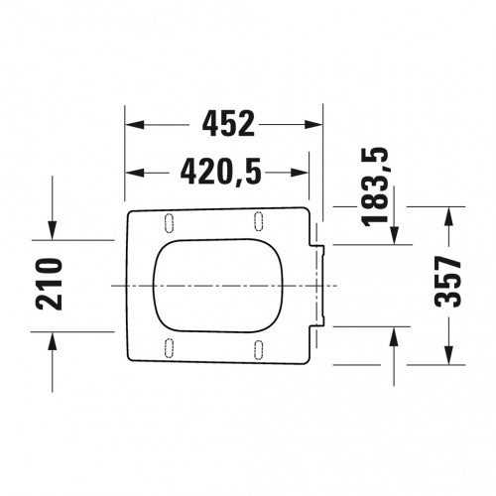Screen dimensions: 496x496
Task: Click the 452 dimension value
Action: pyautogui.click(x=228, y=124)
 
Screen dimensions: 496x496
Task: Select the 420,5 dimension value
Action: pyautogui.click(x=220, y=172)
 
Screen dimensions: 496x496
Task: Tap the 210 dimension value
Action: pyautogui.click(x=50, y=285)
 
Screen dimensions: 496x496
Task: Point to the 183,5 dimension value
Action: pyautogui.click(x=375, y=186)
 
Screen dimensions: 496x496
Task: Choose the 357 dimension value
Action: pyautogui.click(x=447, y=282)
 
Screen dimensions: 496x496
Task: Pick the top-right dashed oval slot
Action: pyautogui.click(x=259, y=221)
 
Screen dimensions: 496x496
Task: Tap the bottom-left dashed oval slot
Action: pyautogui.click(x=169, y=348)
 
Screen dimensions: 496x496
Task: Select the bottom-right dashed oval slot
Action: pyautogui.click(x=259, y=350)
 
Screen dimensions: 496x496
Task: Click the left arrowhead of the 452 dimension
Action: pyautogui.click(x=135, y=125)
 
